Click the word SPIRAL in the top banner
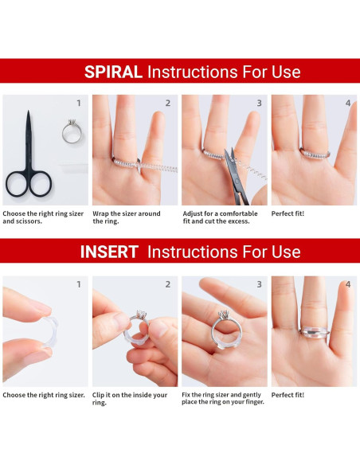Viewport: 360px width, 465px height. pyautogui.click(x=113, y=72)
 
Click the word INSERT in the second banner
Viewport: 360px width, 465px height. pyautogui.click(x=109, y=252)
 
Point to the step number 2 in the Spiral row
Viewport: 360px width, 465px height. pyautogui.click(x=168, y=104)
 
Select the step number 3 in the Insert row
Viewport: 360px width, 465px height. pyautogui.click(x=259, y=284)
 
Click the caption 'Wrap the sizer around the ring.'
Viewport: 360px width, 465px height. pyautogui.click(x=127, y=217)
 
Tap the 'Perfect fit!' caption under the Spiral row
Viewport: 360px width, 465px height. pyautogui.click(x=288, y=213)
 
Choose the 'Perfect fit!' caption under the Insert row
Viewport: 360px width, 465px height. pyautogui.click(x=288, y=395)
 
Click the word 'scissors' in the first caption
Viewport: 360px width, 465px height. pyautogui.click(x=29, y=221)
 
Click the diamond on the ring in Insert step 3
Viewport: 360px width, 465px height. pyautogui.click(x=224, y=314)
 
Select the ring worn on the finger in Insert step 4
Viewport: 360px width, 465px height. pyautogui.click(x=315, y=332)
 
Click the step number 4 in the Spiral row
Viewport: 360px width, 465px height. pyautogui.click(x=348, y=104)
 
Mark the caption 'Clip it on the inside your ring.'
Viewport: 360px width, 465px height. pyautogui.click(x=130, y=399)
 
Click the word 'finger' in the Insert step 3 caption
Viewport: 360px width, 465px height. pyautogui.click(x=255, y=402)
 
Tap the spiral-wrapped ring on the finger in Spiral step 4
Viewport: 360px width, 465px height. pyautogui.click(x=315, y=154)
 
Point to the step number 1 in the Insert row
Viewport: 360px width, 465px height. pyautogui.click(x=79, y=284)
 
